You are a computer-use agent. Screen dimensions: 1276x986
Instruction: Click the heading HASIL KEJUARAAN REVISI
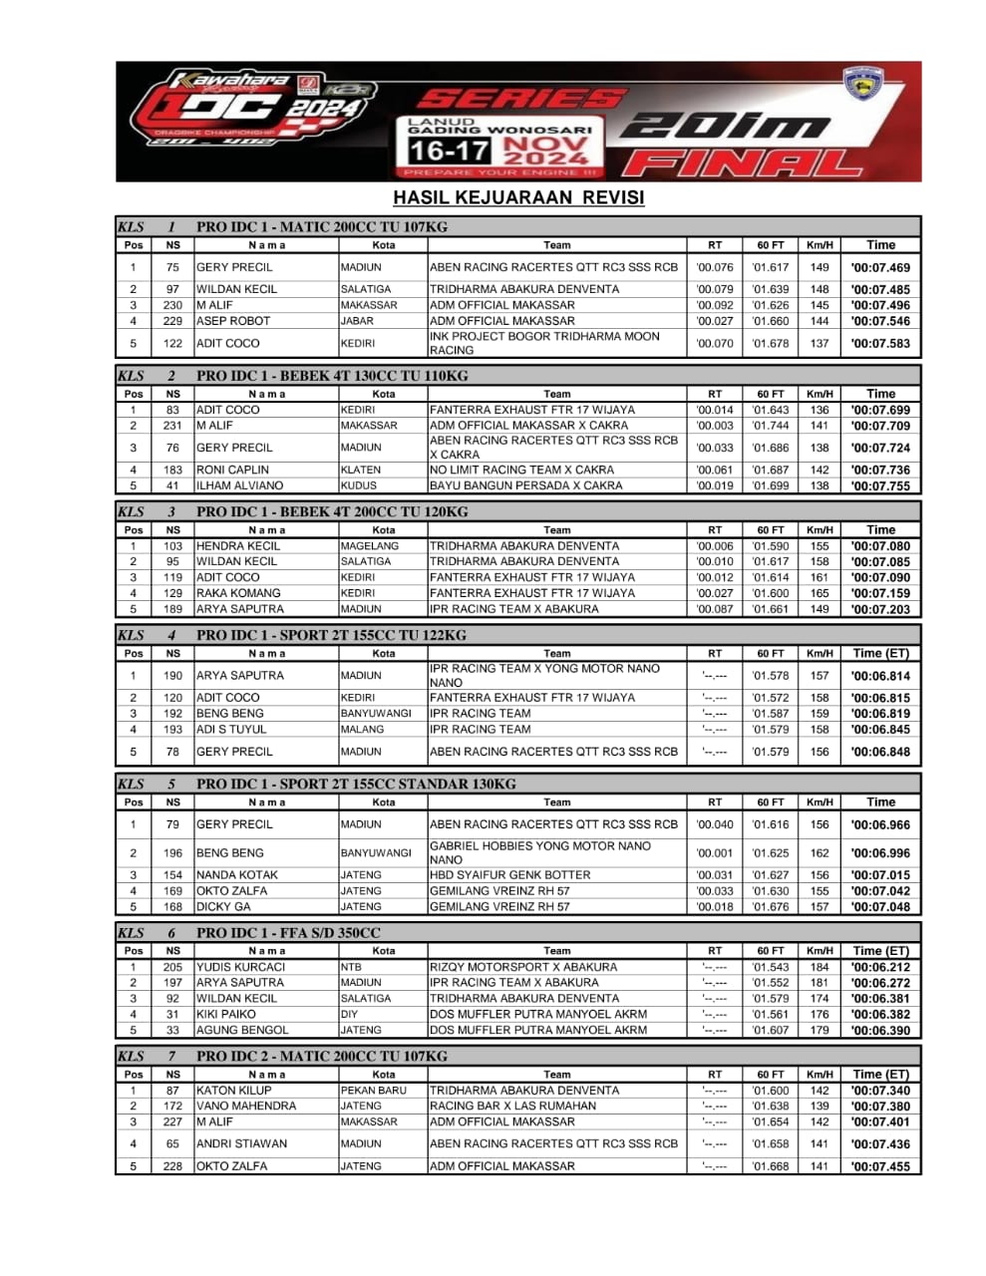pyautogui.click(x=518, y=197)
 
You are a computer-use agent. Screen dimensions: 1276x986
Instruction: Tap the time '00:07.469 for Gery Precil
pyautogui.click(x=879, y=267)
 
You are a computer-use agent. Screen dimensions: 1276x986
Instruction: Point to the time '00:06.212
pyautogui.click(x=879, y=967)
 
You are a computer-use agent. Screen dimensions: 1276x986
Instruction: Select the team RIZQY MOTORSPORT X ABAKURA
pyautogui.click(x=523, y=967)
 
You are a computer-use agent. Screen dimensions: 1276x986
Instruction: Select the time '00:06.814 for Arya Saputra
pyautogui.click(x=879, y=676)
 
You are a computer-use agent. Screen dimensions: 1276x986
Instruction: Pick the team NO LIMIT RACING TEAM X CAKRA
pyautogui.click(x=521, y=470)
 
